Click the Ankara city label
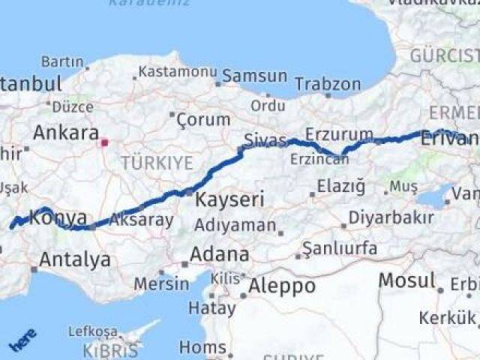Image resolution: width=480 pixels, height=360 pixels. coord(66,133)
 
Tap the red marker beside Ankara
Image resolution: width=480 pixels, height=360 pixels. coord(105,141)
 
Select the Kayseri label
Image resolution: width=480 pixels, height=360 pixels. coord(219,199)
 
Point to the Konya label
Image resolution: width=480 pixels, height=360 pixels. coord(58,218)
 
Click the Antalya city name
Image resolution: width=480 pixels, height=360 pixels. coord(75,260)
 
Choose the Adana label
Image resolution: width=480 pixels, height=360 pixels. coord(220,254)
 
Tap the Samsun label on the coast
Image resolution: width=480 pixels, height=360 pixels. coord(255,76)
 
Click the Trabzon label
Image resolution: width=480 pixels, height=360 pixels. coord(328,83)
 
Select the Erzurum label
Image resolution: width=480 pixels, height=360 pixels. coord(343,135)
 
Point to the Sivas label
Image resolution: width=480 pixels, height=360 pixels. coord(265,140)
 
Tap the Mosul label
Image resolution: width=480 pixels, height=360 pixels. coord(406,281)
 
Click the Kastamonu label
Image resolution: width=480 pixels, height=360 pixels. coord(175,72)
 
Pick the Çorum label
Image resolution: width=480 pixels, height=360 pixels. coord(204,119)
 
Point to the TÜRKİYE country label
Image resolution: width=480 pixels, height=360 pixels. coord(157,163)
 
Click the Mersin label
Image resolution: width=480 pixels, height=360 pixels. coord(162,284)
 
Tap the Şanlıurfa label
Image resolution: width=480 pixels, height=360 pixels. coord(337,248)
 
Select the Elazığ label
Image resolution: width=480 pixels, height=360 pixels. coord(340,185)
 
